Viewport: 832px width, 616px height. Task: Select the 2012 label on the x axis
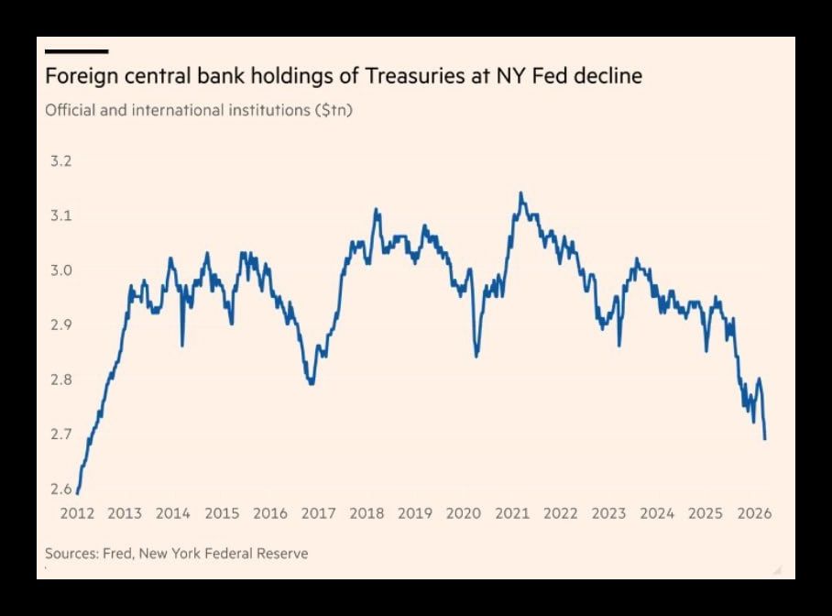coord(76,513)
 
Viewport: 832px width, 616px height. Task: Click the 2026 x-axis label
coord(753,513)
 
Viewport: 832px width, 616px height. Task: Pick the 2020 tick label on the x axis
coord(463,513)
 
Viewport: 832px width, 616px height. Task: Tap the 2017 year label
coord(318,513)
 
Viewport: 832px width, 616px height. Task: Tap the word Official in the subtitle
coord(72,110)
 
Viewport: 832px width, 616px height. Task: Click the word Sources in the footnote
coord(72,554)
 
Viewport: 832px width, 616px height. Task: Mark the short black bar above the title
coord(76,51)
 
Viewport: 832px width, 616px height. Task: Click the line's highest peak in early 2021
coord(520,193)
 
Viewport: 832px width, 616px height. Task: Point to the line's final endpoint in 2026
coord(765,439)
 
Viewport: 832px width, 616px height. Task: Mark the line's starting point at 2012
coord(77,493)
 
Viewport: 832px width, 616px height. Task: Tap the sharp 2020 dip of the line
coord(476,356)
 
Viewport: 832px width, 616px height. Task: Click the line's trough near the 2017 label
coord(312,383)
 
